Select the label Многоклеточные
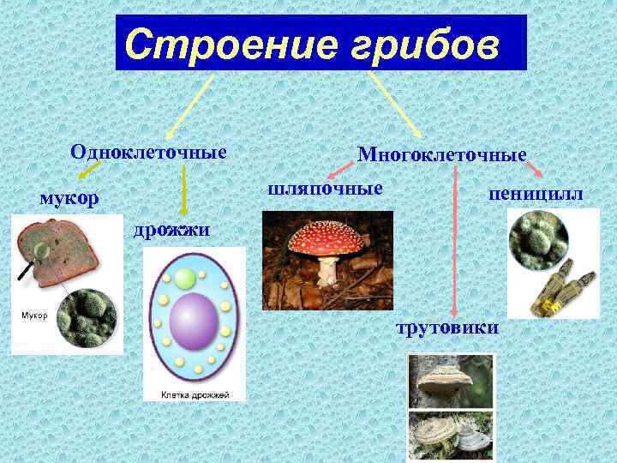[x=441, y=155]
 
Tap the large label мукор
[x=69, y=197]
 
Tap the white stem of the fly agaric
[x=328, y=271]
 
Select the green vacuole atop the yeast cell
[x=186, y=279]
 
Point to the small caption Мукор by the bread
[x=33, y=316]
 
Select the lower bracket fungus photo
[x=451, y=436]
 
